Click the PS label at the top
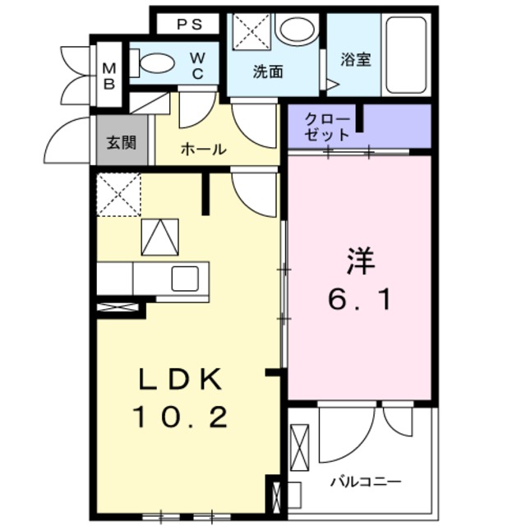pyautogui.click(x=188, y=25)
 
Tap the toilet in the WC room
pyautogui.click(x=154, y=62)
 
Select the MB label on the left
pyautogui.click(x=108, y=74)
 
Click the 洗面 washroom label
pyautogui.click(x=267, y=72)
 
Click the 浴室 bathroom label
pyautogui.click(x=355, y=60)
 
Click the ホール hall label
pyautogui.click(x=203, y=150)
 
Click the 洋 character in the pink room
pyautogui.click(x=360, y=263)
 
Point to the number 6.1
pyautogui.click(x=360, y=300)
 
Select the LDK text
pyautogui.click(x=179, y=381)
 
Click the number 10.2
pyautogui.click(x=179, y=418)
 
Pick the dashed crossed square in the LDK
pyautogui.click(x=118, y=194)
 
